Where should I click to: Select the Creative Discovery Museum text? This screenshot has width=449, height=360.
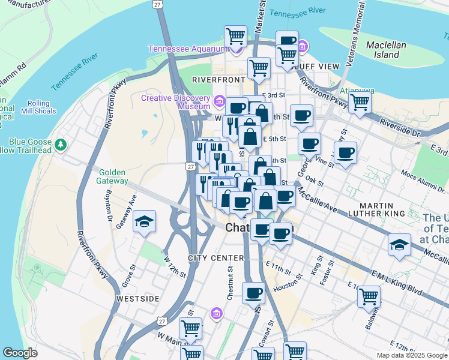(175, 102)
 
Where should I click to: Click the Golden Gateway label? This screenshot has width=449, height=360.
(113, 176)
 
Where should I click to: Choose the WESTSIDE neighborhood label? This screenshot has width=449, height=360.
(138, 298)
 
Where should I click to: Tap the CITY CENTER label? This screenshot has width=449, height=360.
(207, 258)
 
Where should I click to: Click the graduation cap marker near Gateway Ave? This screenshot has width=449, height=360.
(145, 223)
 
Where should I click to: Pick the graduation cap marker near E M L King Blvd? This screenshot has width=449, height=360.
(399, 245)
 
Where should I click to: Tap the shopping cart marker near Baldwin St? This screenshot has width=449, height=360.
(369, 297)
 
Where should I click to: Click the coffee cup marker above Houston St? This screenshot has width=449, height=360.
(254, 293)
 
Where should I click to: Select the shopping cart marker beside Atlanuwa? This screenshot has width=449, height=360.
(360, 101)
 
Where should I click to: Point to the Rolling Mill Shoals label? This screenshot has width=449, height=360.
(39, 107)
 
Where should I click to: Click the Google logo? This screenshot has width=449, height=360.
(20, 353)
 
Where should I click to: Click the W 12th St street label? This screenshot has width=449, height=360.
(175, 266)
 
